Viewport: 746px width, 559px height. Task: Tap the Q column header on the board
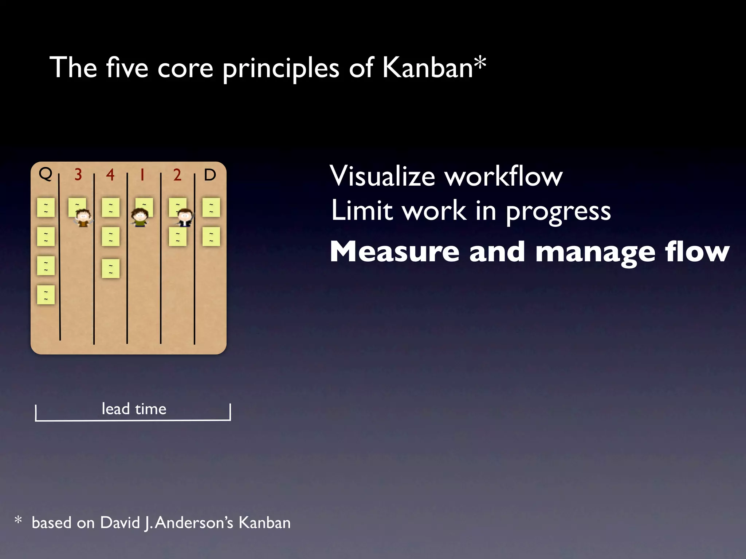(46, 174)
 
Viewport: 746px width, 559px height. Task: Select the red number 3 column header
(78, 175)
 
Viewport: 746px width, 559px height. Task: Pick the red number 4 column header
(110, 175)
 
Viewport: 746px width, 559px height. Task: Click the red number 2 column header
(177, 175)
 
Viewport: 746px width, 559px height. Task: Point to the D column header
(210, 175)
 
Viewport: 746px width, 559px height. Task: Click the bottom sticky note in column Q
(46, 295)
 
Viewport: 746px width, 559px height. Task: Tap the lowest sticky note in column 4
(111, 269)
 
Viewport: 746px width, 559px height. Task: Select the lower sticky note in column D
(211, 237)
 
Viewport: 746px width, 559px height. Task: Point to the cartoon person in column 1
(140, 218)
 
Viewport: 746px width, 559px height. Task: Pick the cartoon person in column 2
(185, 218)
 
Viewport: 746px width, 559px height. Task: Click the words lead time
(134, 409)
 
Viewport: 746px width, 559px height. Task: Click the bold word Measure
(394, 252)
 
